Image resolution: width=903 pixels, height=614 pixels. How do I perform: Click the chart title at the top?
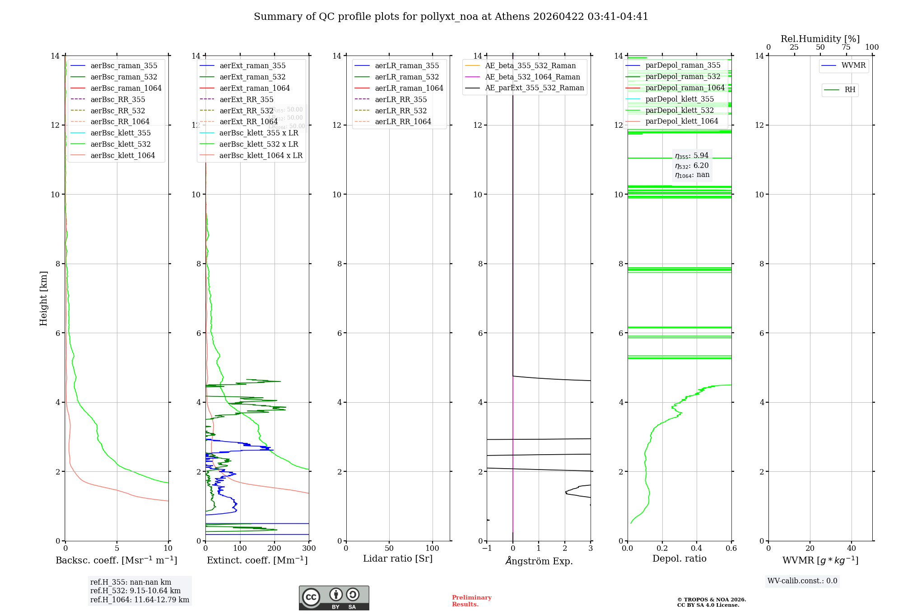click(x=451, y=17)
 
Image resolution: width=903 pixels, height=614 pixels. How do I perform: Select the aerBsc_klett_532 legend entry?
click(x=120, y=144)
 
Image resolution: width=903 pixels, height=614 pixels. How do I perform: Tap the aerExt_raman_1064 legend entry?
click(x=254, y=88)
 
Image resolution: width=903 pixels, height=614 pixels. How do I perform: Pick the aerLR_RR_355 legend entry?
click(x=400, y=99)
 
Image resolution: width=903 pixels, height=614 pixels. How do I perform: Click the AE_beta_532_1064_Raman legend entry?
click(x=532, y=77)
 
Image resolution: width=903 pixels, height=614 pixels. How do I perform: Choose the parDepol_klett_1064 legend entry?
click(x=681, y=121)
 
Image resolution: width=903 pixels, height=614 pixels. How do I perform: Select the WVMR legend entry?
click(x=853, y=65)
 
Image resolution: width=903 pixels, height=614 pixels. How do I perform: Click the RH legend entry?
click(x=849, y=90)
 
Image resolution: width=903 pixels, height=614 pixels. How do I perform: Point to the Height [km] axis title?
click(x=43, y=298)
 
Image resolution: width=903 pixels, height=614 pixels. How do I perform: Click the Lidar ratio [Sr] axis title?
click(x=397, y=558)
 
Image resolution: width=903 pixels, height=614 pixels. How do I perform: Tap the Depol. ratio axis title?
click(x=679, y=558)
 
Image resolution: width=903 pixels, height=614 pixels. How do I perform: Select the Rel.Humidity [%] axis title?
click(x=820, y=39)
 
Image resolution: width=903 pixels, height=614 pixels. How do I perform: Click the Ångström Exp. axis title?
click(x=539, y=561)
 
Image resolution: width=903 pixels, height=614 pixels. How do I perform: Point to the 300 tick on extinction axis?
click(x=309, y=549)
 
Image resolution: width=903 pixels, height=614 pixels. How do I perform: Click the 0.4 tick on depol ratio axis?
click(x=697, y=549)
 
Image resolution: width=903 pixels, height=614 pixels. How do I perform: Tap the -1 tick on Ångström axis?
click(x=487, y=549)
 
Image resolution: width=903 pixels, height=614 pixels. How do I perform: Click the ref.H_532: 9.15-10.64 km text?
click(x=135, y=591)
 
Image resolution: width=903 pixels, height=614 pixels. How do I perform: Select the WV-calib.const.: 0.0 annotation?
click(x=802, y=581)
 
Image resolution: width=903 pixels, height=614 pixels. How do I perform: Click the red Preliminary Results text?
click(x=471, y=601)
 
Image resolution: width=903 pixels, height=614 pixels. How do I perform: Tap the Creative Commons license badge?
click(x=334, y=598)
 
